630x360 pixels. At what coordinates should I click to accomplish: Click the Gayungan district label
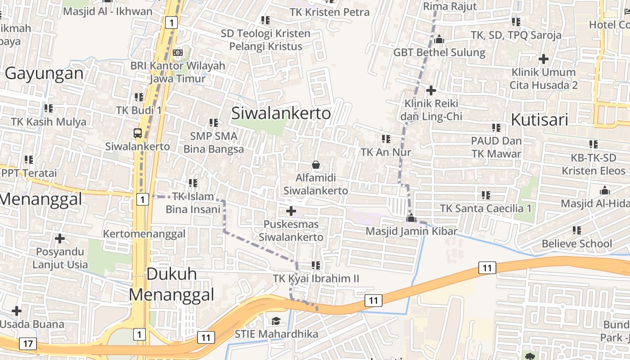[x=44, y=73]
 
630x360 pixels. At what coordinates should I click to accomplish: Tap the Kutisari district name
[x=540, y=120]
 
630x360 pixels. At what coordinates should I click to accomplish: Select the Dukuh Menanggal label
[x=171, y=284]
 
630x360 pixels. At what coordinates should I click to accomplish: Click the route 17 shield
[x=28, y=344]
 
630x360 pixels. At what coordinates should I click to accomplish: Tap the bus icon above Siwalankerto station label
[x=138, y=133]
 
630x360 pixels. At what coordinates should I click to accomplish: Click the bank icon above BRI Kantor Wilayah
[x=178, y=53]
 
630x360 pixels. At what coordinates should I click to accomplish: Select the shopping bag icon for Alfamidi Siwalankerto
[x=315, y=165]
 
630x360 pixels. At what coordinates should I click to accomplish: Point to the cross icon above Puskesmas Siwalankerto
[x=291, y=211]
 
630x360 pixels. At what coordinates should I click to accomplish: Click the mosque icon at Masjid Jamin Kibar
[x=411, y=219]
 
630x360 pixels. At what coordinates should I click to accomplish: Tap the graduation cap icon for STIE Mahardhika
[x=276, y=320]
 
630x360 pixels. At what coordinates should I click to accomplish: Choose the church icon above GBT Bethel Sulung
[x=439, y=40]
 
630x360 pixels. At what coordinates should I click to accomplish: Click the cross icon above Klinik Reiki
[x=431, y=90]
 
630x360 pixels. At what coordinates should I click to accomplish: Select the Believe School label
[x=577, y=244]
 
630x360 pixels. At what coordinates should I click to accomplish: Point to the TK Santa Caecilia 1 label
[x=486, y=208]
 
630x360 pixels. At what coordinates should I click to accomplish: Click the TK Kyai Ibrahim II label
[x=316, y=279]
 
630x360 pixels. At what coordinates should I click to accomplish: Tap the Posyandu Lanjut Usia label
[x=60, y=257]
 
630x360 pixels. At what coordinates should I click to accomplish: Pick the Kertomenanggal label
[x=144, y=234]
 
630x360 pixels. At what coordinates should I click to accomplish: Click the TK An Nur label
[x=386, y=152]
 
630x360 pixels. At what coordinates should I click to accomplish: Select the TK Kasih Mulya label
[x=49, y=121]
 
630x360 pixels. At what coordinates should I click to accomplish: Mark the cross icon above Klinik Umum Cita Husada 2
[x=544, y=58]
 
